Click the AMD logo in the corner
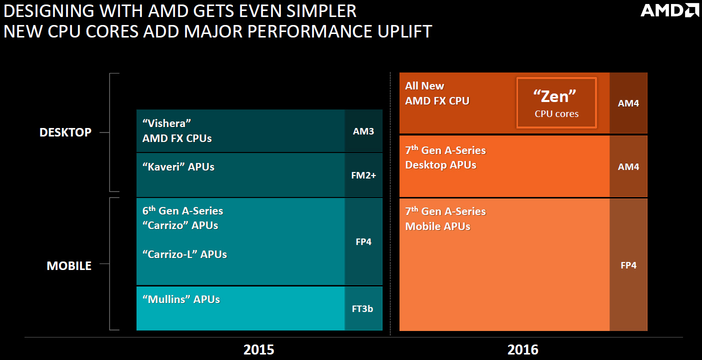pos(669,10)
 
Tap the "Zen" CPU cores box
pos(556,102)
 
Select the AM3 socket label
pos(363,131)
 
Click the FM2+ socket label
pos(363,175)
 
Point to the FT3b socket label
pos(362,308)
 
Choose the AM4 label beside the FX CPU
pos(628,103)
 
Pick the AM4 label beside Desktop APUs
pos(628,166)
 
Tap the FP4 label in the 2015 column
pos(363,241)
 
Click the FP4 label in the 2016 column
pos(628,265)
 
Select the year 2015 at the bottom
pos(258,349)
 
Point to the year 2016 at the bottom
pos(523,349)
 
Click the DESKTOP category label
pos(65,132)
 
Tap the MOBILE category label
pos(69,265)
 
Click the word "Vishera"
pos(167,123)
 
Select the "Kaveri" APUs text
pos(178,166)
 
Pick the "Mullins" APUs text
pos(181,299)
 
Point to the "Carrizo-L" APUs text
pos(184,254)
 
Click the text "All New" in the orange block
pos(424,86)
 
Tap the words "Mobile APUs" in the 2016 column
pos(437,226)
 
